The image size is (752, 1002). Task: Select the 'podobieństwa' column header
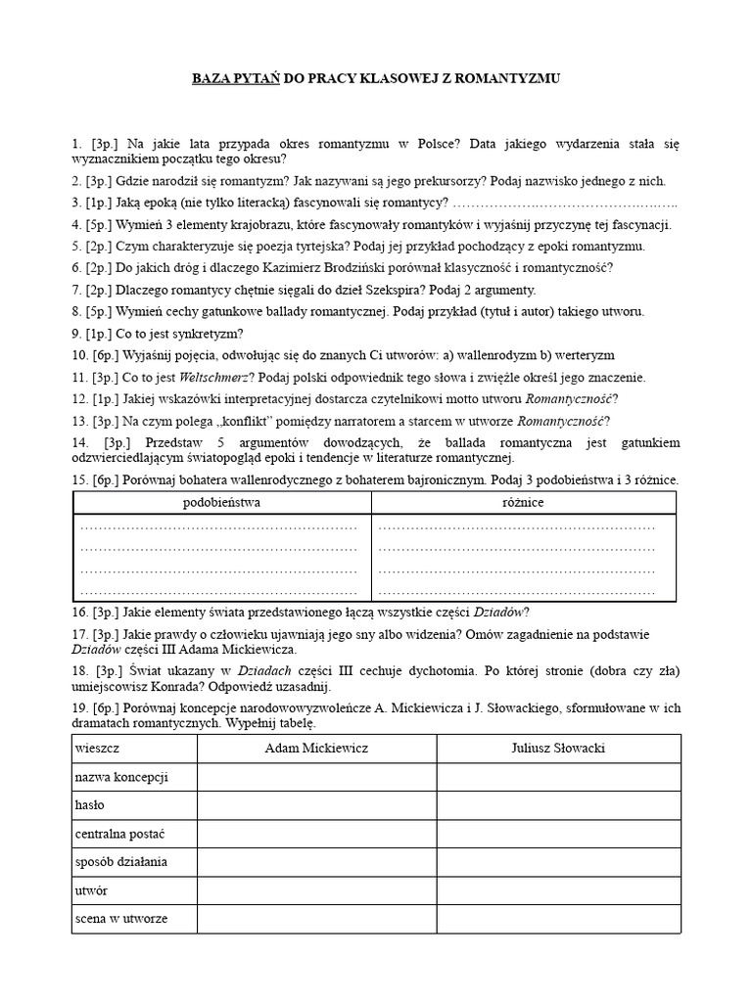coord(222,502)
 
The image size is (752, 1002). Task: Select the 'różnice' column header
coord(523,502)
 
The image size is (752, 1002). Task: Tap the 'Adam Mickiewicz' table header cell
coord(317,748)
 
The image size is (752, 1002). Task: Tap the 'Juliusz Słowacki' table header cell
coord(558,748)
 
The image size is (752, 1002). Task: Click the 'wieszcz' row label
coord(96,748)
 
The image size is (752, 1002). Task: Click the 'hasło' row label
coord(90,805)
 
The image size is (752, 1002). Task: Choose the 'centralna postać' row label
coord(119,834)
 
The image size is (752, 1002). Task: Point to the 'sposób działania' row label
coord(121,862)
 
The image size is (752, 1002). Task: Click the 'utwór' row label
coord(91,890)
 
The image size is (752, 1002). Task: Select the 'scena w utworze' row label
coord(121,919)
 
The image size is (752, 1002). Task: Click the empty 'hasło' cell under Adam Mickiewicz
coord(317,805)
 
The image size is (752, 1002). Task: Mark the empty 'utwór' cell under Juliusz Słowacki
coord(558,890)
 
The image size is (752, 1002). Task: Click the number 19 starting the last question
coord(79,707)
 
